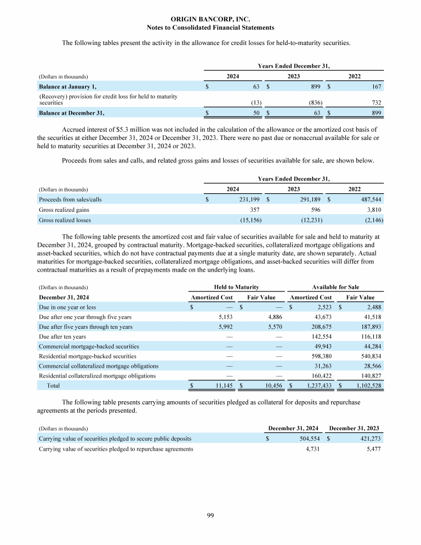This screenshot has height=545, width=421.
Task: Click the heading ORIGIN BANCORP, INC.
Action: click(210, 19)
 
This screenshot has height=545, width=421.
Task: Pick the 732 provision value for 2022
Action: click(376, 103)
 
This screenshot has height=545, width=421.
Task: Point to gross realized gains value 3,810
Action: click(372, 210)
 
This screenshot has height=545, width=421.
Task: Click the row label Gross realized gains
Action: click(64, 210)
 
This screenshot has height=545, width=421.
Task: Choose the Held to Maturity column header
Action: click(236, 287)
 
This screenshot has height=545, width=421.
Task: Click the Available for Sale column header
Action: click(335, 287)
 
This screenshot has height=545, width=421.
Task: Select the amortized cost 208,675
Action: click(320, 327)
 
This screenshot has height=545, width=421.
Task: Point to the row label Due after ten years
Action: click(62, 336)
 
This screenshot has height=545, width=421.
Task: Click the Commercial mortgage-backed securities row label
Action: click(88, 346)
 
